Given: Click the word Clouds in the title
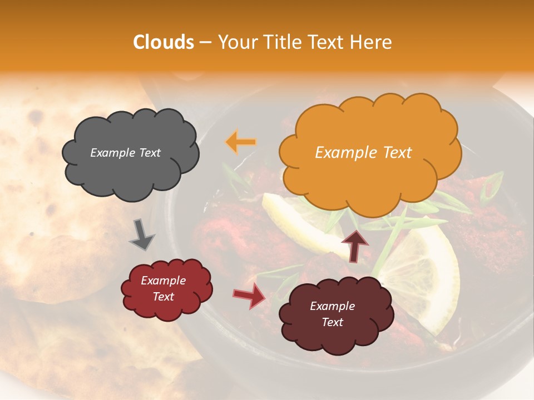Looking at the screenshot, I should pyautogui.click(x=164, y=42).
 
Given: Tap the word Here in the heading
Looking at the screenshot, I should pyautogui.click(x=372, y=42).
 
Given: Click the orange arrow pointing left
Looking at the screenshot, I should pyautogui.click(x=241, y=142).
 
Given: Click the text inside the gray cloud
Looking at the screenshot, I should pyautogui.click(x=125, y=153).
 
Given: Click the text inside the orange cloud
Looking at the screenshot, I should pyautogui.click(x=363, y=153).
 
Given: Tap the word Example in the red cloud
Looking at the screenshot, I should pyautogui.click(x=163, y=281).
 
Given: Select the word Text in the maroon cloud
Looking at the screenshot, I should pyautogui.click(x=332, y=322).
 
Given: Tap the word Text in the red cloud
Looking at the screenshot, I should pyautogui.click(x=163, y=297).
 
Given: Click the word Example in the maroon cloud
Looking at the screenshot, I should pyautogui.click(x=332, y=306).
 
